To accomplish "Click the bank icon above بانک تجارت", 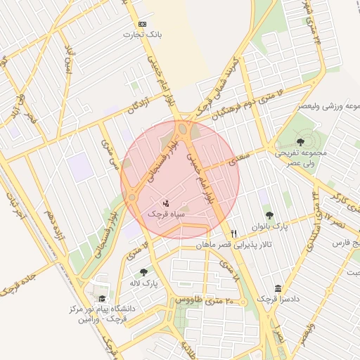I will pyautogui.click(x=143, y=24).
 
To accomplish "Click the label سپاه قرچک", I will pyautogui.click(x=167, y=212).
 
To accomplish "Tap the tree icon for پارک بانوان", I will pyautogui.click(x=269, y=215).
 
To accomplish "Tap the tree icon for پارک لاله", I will pyautogui.click(x=145, y=272).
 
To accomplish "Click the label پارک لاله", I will pyautogui.click(x=145, y=283).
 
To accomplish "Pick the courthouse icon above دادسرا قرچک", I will pyautogui.click(x=278, y=289).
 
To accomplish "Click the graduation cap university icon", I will pyautogui.click(x=103, y=298).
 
